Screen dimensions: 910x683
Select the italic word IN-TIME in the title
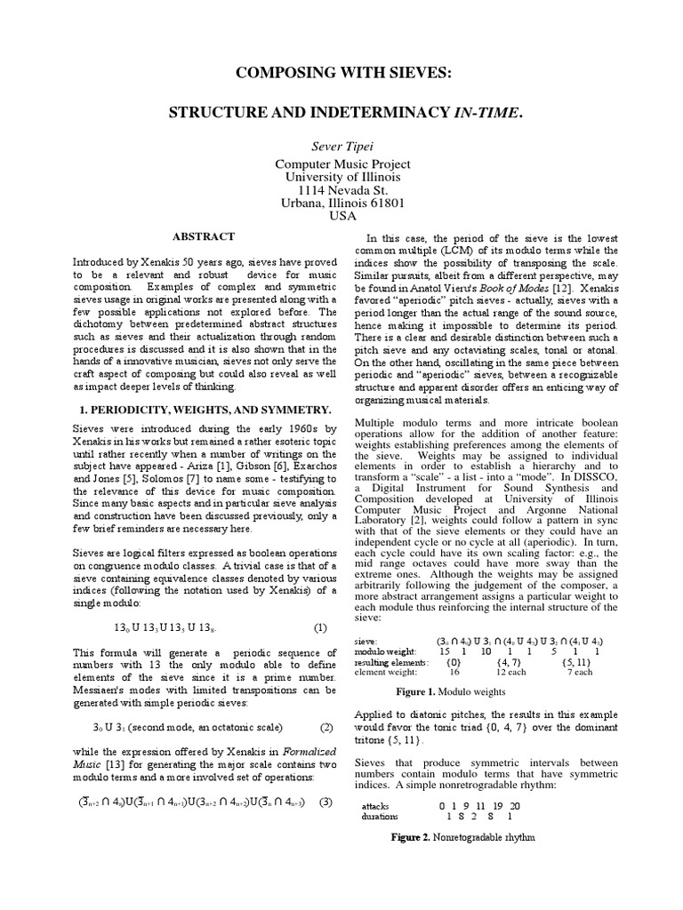point(486,113)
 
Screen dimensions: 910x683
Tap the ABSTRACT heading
point(203,237)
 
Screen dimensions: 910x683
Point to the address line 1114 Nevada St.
point(341,189)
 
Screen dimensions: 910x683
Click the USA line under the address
point(341,215)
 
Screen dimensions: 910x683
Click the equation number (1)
point(320,627)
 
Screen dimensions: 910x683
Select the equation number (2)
point(326,727)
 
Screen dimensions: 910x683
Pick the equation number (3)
point(326,802)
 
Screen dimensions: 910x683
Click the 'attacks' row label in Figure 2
point(377,805)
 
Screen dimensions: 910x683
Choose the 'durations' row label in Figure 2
point(382,816)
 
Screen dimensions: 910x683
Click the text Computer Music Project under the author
point(341,164)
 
